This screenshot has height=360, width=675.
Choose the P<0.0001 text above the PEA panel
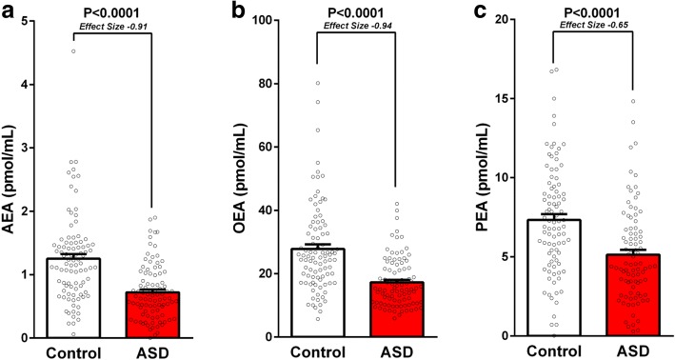pyautogui.click(x=568, y=11)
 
